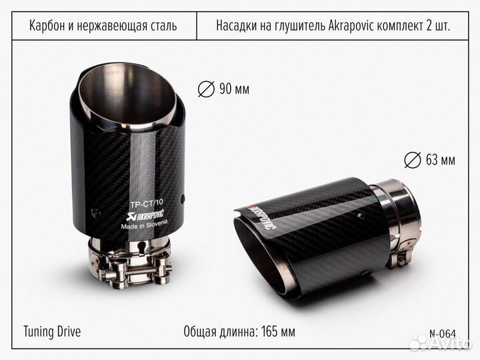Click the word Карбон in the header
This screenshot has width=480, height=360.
pyautogui.click(x=47, y=27)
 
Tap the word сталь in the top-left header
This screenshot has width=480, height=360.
pyautogui.click(x=163, y=27)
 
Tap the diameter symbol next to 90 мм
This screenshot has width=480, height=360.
pyautogui.click(x=206, y=89)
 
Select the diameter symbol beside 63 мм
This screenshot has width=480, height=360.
pyautogui.click(x=413, y=160)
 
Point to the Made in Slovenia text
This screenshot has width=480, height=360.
pyautogui.click(x=148, y=226)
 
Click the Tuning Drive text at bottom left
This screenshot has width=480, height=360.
pyautogui.click(x=52, y=331)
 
